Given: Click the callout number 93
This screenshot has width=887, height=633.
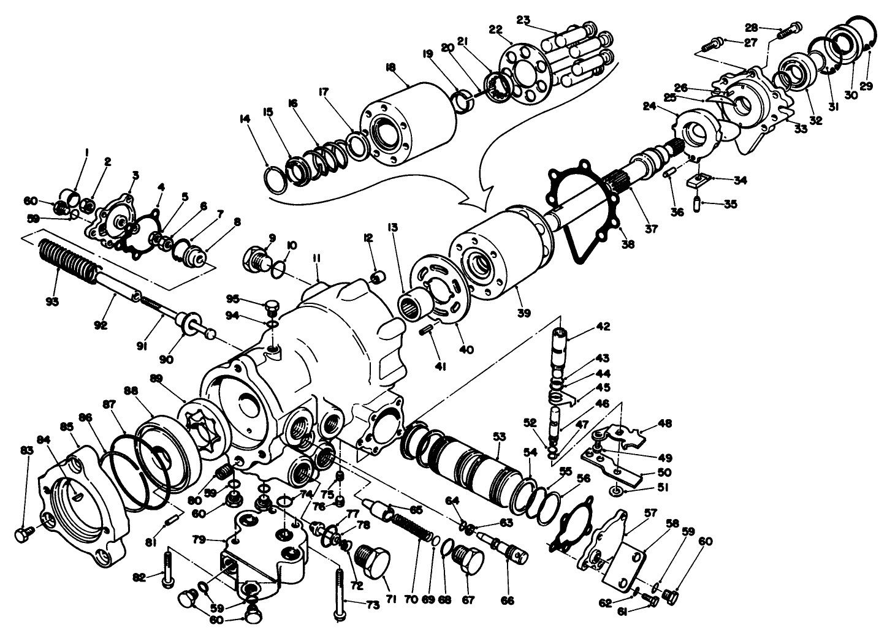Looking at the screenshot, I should [52, 301].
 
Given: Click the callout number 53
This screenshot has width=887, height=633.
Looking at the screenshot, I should [500, 436].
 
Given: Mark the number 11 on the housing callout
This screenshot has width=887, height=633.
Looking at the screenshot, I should [316, 260].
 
